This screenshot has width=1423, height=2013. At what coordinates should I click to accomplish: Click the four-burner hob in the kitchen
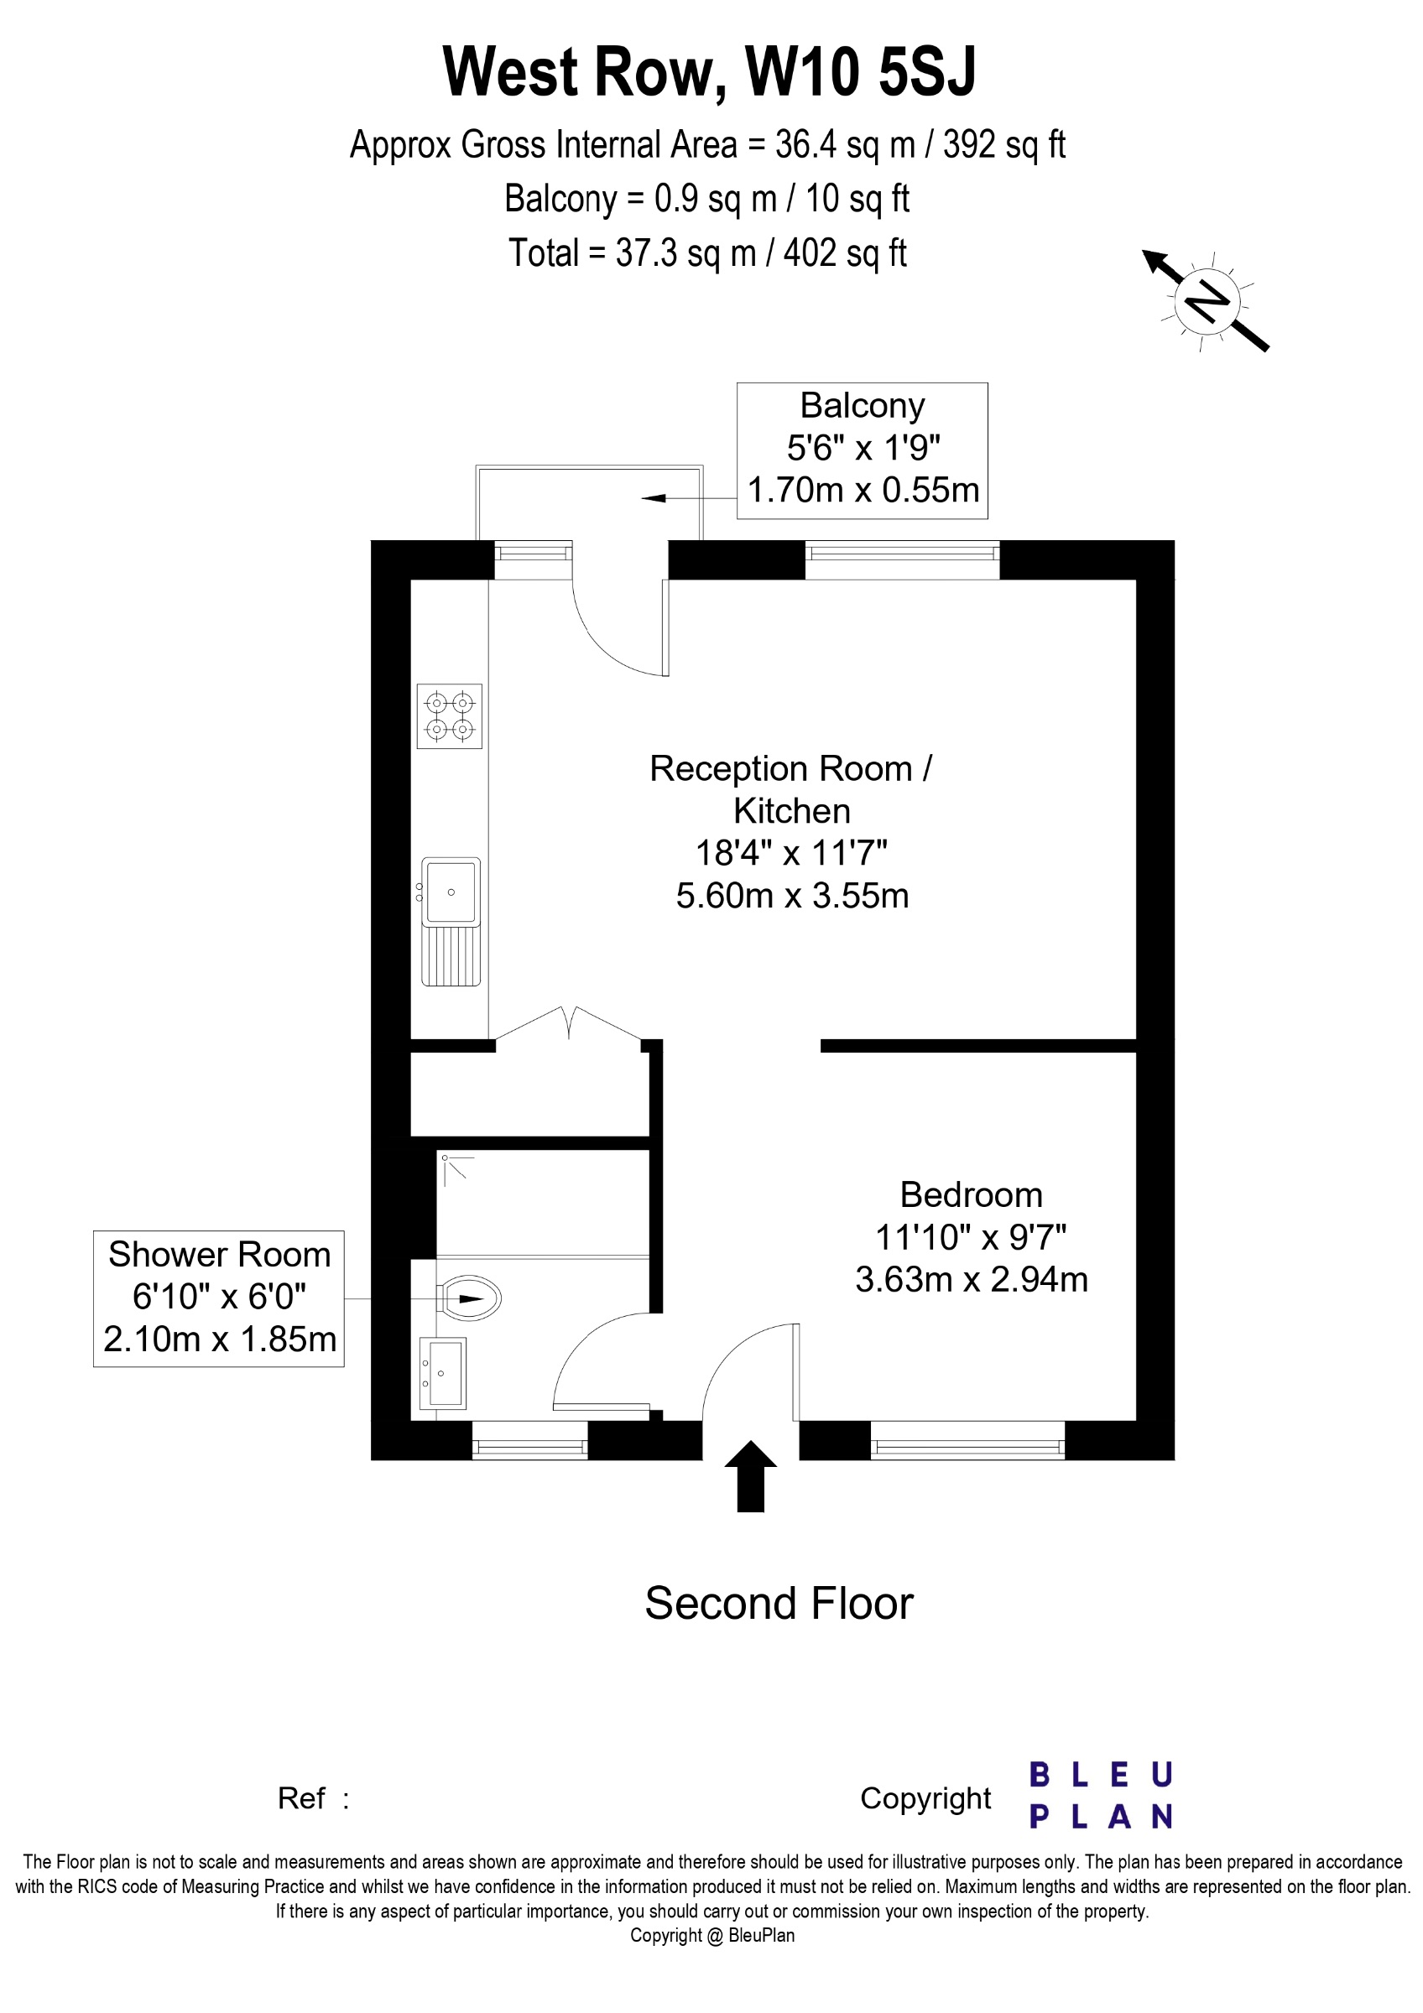tap(449, 715)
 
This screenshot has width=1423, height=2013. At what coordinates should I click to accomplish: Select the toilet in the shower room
tap(471, 1298)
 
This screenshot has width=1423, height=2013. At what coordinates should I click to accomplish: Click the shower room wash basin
tap(443, 1373)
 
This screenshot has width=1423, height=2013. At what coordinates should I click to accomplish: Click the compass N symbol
tap(1207, 302)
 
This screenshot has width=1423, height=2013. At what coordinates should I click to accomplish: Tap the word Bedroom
tap(971, 1195)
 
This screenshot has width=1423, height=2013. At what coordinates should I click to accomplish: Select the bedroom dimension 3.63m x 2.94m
tap(971, 1279)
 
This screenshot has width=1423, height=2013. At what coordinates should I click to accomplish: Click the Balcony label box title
tap(862, 406)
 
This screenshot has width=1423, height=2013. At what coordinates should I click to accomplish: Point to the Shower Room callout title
tap(219, 1255)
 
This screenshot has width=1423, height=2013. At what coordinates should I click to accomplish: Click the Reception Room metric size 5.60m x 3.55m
tap(792, 895)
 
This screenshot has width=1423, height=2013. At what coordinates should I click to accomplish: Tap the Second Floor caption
tap(779, 1604)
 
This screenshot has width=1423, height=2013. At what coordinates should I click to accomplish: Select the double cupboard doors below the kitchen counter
tap(570, 1023)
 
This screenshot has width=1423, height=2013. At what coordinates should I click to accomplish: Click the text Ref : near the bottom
tap(313, 1798)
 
